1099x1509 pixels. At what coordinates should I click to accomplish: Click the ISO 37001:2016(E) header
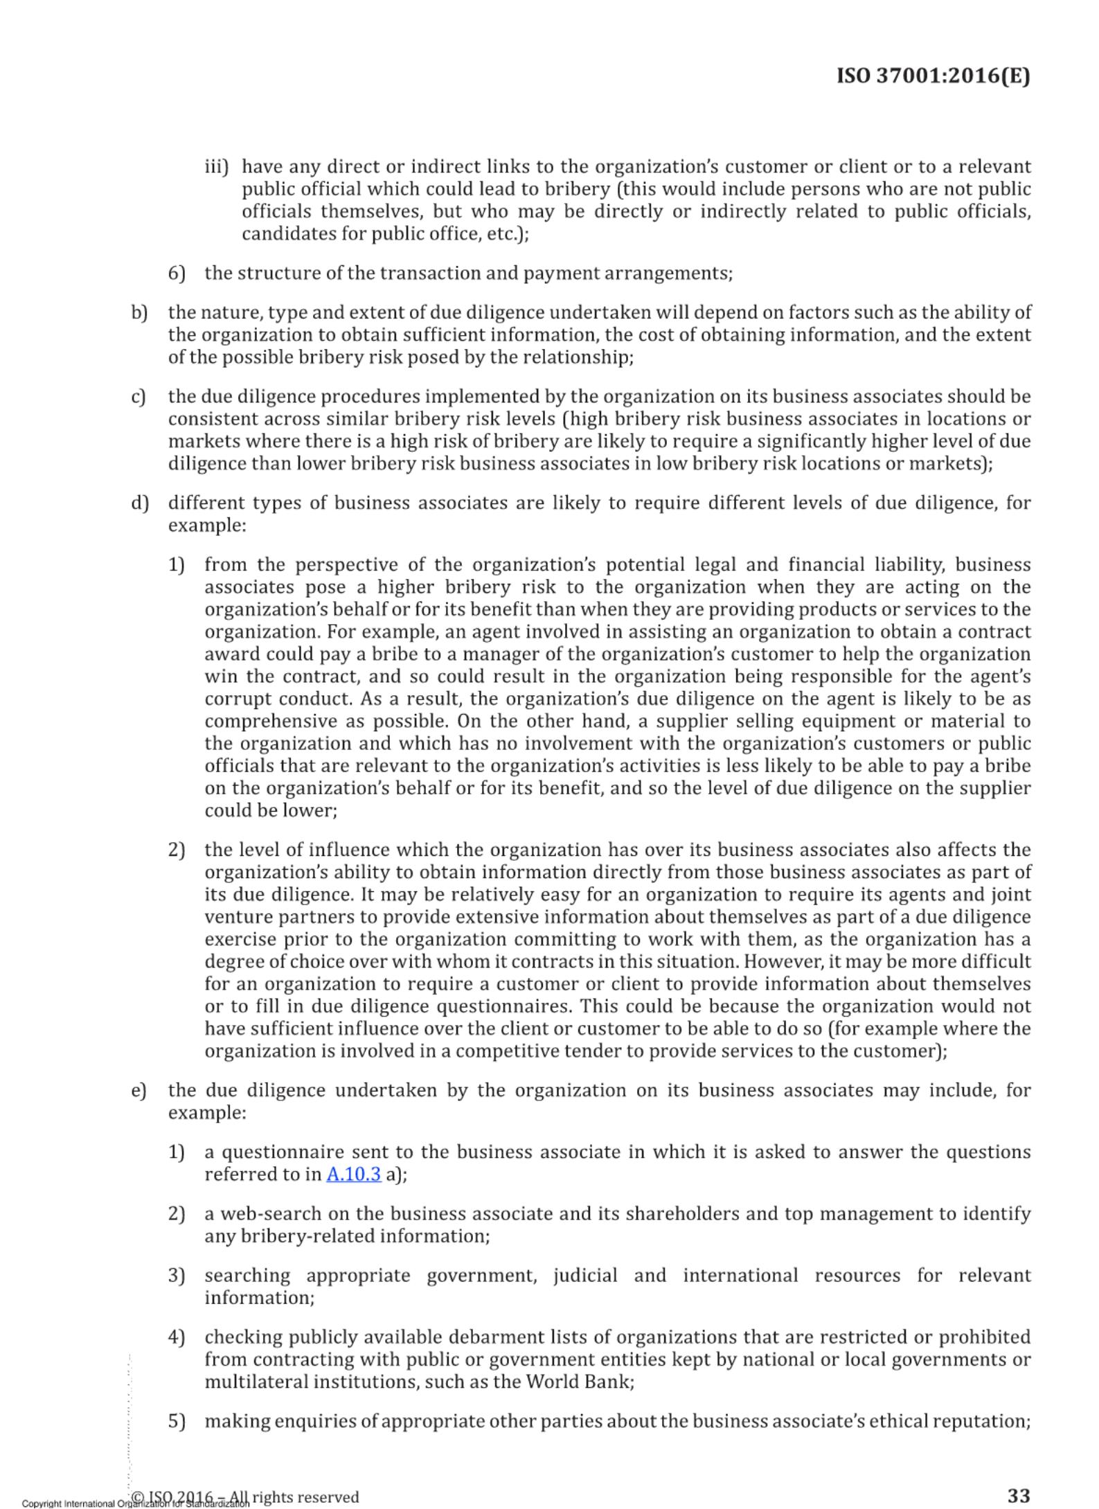933,75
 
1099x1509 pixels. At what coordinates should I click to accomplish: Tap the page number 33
1018,1494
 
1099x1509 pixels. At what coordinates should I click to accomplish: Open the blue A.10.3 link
353,1175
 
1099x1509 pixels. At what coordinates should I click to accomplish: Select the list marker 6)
177,273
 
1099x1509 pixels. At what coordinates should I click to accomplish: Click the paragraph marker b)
139,313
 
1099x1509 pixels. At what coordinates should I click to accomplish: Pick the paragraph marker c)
139,397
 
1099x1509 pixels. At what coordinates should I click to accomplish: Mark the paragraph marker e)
139,1091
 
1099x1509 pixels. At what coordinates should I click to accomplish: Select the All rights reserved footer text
305,1497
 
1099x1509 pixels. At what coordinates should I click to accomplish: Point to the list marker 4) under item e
177,1337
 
